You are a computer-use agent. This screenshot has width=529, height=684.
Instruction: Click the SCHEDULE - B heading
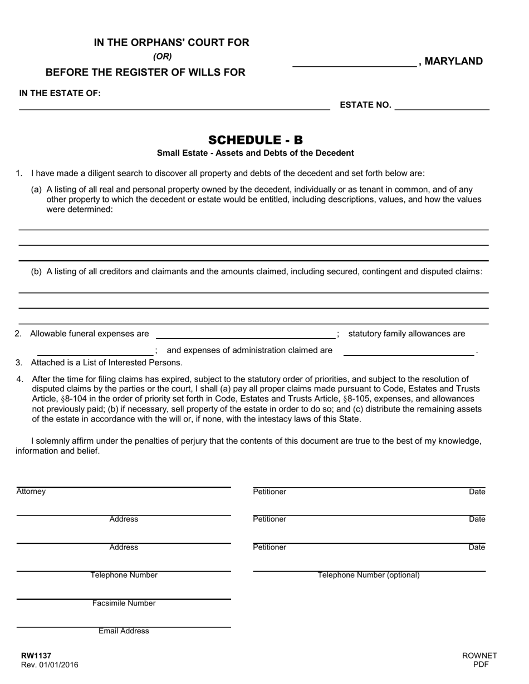(256, 140)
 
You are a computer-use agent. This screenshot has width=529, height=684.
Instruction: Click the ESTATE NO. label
(365, 105)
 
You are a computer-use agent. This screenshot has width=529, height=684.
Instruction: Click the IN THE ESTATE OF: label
(60, 93)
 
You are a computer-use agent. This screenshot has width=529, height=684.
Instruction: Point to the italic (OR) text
(163, 56)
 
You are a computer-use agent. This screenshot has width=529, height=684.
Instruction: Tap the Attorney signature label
(31, 492)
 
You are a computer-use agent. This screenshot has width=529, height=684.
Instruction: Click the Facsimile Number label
(124, 603)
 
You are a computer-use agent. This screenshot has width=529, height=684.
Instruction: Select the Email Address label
(124, 631)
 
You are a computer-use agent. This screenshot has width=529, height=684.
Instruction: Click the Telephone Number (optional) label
(369, 575)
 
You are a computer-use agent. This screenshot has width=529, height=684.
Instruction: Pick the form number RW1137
(36, 656)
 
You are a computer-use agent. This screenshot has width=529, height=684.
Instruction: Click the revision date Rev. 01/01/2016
(50, 665)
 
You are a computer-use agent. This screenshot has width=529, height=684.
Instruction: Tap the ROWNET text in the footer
(479, 656)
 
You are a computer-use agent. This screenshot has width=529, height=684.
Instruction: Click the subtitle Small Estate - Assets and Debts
(255, 153)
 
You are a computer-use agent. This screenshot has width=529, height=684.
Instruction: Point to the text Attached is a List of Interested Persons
(106, 363)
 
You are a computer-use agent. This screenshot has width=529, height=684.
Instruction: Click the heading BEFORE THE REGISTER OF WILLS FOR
(145, 72)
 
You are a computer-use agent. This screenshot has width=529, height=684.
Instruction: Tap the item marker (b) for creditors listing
(36, 271)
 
